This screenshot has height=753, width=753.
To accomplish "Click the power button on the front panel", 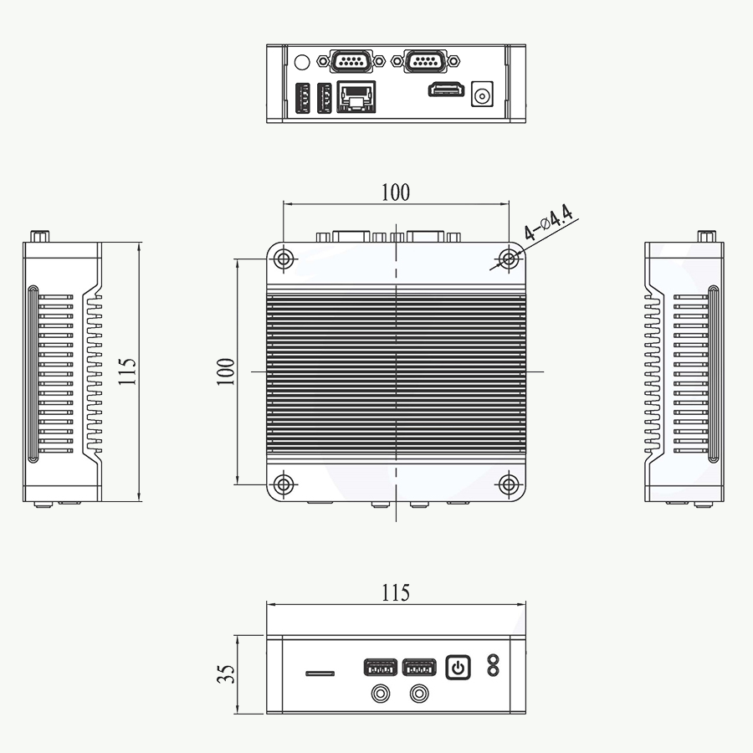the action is (458, 668).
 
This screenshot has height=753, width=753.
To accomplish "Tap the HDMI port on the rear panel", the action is (447, 90).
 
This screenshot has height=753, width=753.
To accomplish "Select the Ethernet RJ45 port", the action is (356, 96).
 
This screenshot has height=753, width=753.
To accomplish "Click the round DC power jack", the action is (482, 94).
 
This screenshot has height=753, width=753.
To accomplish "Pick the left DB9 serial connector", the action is (351, 61).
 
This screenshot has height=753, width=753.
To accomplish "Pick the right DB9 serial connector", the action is (426, 61).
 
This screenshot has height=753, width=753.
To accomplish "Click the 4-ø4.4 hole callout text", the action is (548, 223).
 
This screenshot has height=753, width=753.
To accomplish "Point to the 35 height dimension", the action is (226, 674).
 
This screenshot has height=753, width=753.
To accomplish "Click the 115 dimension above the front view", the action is (396, 593).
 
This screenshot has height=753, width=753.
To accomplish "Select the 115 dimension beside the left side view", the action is (128, 371).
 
